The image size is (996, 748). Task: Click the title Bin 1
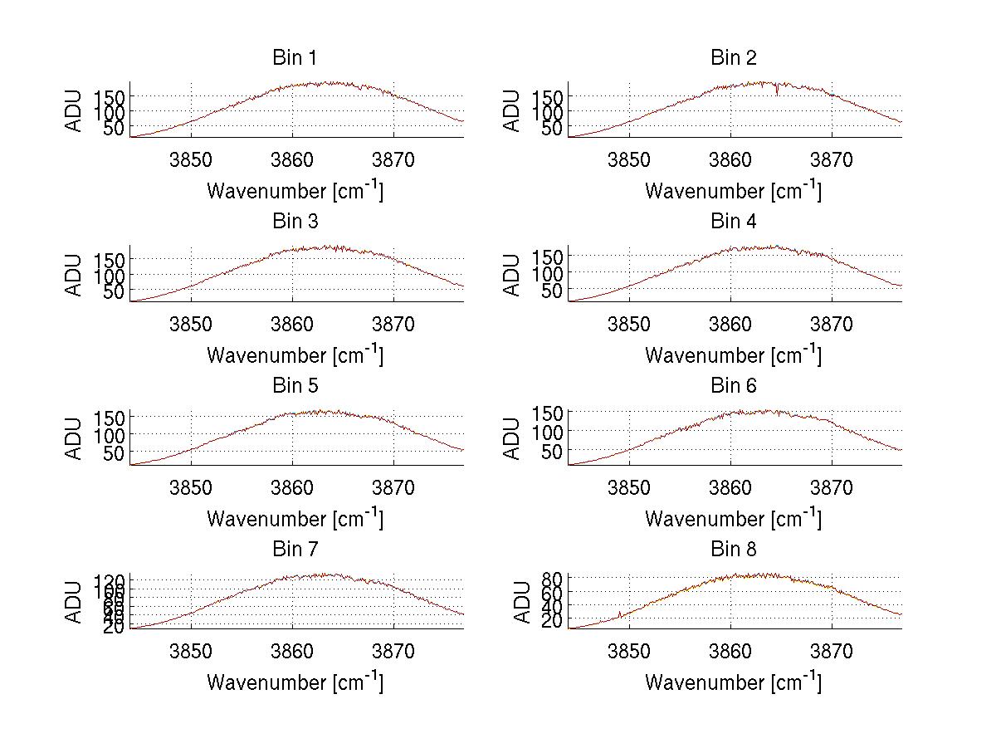(295, 58)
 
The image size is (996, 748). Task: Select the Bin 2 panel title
(734, 58)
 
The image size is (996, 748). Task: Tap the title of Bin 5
(295, 386)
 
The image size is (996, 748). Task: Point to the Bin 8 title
(734, 550)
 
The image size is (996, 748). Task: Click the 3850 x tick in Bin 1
(192, 160)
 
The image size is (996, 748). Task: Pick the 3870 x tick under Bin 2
(832, 160)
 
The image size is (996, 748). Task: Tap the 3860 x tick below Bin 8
(731, 652)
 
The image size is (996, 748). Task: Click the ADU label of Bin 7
(75, 602)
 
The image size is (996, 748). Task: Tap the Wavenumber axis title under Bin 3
(295, 354)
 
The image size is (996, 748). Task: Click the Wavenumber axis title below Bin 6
(734, 518)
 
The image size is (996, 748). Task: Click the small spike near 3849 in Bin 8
(620, 614)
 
